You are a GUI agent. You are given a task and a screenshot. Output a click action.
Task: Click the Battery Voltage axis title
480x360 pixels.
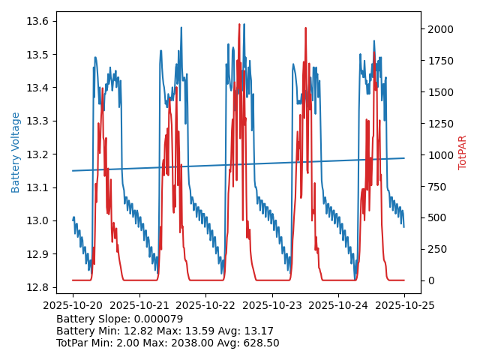[x=16, y=152]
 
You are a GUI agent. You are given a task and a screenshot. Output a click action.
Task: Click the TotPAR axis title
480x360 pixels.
[x=462, y=152]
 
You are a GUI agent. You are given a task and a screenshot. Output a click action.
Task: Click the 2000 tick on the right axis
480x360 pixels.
[x=439, y=29]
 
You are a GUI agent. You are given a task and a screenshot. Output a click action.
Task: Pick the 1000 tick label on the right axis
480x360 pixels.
[x=439, y=155]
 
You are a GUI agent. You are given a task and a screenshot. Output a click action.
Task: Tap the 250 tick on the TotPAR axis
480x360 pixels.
[x=436, y=249]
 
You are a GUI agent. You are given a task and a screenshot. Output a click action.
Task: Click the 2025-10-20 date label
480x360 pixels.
[x=73, y=305]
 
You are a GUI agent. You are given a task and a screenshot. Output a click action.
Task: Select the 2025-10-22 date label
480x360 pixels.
[x=205, y=305]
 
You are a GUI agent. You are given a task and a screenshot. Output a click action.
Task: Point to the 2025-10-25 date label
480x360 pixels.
[x=404, y=305]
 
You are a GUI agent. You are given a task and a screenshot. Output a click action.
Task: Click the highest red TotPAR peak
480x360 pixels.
[x=239, y=24]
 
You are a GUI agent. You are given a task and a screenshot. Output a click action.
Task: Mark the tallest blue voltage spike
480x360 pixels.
[x=181, y=28]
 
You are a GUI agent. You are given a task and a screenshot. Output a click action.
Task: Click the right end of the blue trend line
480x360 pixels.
[x=404, y=158]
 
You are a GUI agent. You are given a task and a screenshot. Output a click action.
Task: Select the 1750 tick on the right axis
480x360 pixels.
[x=439, y=61]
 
